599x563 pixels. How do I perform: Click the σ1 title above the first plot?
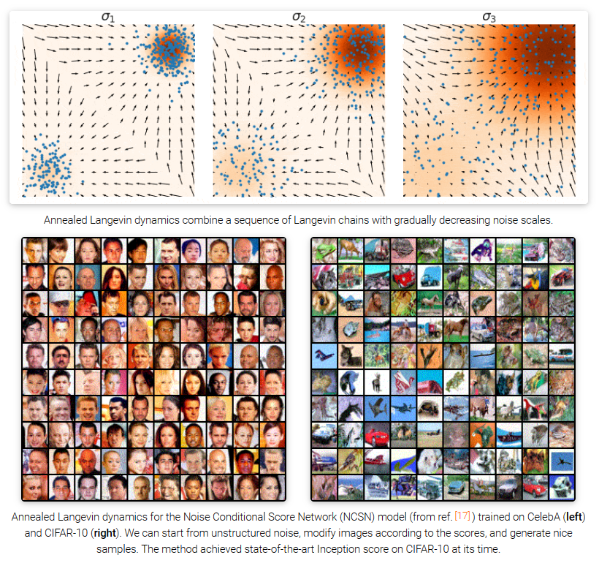(x=107, y=15)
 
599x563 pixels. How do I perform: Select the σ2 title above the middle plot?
(x=298, y=15)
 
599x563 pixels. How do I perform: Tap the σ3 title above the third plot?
(x=489, y=15)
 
